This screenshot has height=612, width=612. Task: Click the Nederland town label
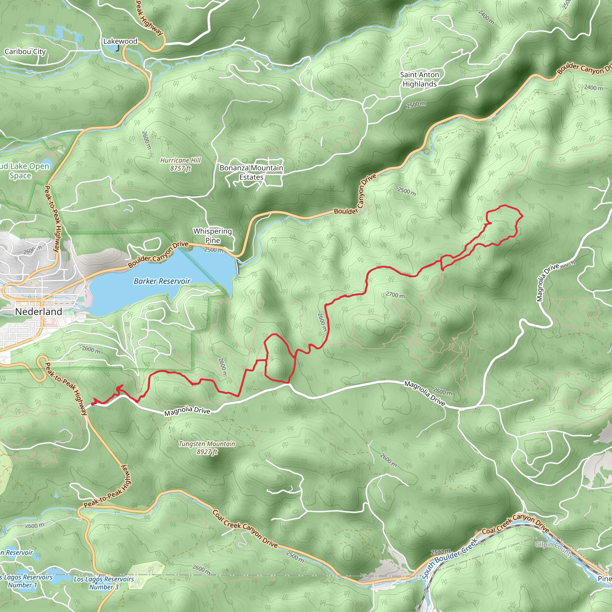tap(39, 312)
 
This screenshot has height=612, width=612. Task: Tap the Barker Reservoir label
tap(162, 281)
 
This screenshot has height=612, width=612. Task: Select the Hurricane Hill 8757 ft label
tap(180, 164)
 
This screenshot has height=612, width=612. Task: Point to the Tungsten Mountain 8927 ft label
tap(207, 448)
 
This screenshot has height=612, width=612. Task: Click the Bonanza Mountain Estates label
tap(251, 173)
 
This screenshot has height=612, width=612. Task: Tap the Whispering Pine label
tap(212, 236)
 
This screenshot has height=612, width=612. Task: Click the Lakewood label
tap(120, 41)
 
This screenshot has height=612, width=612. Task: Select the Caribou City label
tap(25, 52)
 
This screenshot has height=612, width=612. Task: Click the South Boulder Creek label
tap(449, 558)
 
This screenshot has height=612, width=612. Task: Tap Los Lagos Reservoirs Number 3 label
tap(104, 583)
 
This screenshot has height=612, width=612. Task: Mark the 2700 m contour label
tap(395, 295)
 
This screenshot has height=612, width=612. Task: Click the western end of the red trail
tap(92, 404)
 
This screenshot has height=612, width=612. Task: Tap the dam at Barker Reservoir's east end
tap(237, 267)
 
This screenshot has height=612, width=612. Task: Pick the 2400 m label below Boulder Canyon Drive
tap(593, 88)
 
